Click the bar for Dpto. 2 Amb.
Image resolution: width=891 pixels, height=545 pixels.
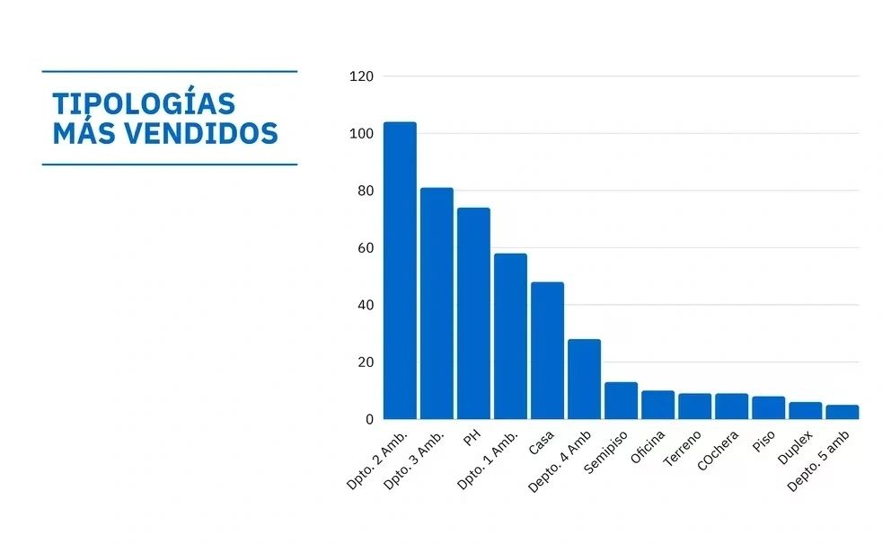(x=400, y=270)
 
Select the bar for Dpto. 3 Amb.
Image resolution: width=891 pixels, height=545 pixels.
(x=437, y=303)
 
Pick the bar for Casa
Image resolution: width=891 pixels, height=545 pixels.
(x=547, y=351)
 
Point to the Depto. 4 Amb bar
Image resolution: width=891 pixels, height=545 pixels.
(x=584, y=379)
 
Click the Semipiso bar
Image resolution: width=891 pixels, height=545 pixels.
(x=621, y=401)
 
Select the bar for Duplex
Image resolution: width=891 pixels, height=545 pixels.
(x=805, y=410)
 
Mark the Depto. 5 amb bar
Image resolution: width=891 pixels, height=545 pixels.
(x=842, y=412)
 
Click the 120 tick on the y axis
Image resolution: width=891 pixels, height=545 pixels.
(x=361, y=76)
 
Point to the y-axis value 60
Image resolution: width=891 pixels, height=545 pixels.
(x=365, y=248)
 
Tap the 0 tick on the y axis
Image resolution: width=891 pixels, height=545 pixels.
(x=368, y=420)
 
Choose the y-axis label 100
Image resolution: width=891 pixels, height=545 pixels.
(x=361, y=134)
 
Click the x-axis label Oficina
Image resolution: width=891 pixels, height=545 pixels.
(x=648, y=448)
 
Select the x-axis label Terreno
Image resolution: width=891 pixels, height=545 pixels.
(x=683, y=450)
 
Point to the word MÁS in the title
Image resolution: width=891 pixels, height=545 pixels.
(x=83, y=134)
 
